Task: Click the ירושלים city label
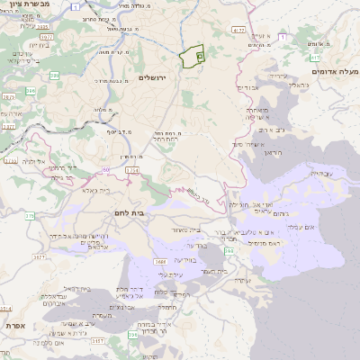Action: [x=156, y=79]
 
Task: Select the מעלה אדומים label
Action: [x=332, y=71]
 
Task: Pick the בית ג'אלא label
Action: [x=94, y=191]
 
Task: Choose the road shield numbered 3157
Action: [x=98, y=341]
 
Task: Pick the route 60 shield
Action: [x=106, y=168]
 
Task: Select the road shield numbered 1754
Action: [x=132, y=168]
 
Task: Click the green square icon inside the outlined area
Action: [x=198, y=56]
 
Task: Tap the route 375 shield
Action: [x=30, y=216]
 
